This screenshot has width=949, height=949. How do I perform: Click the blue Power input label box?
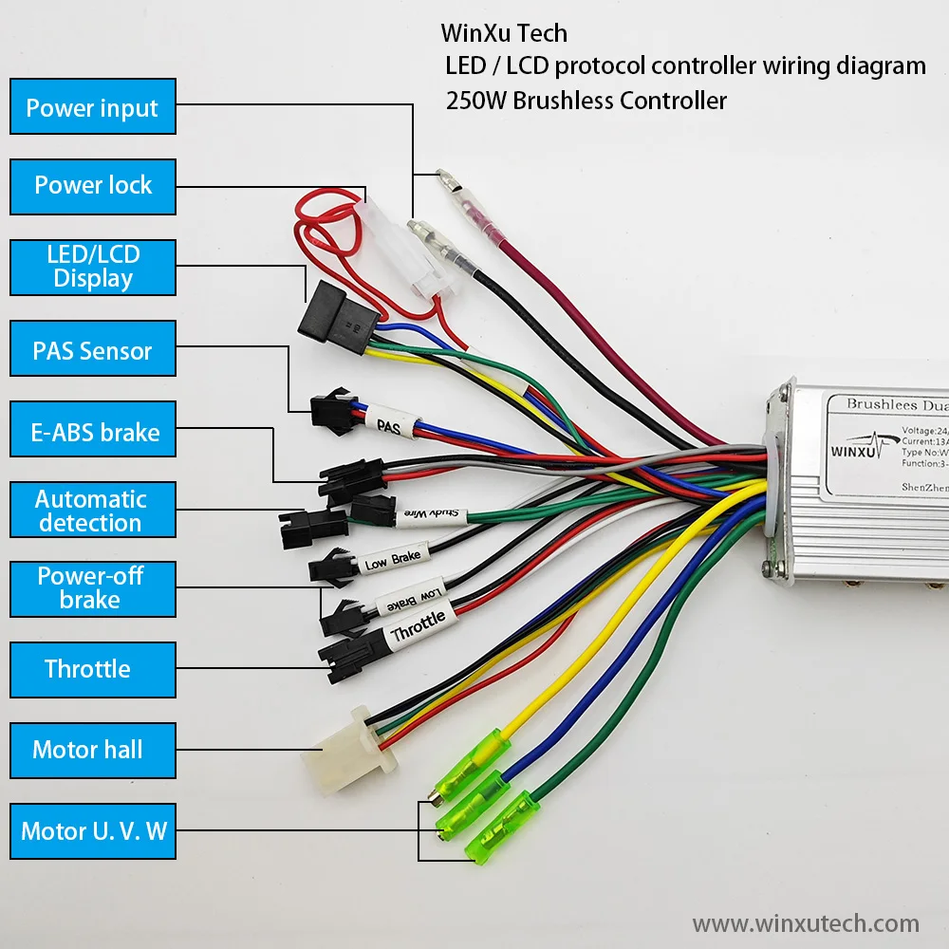93,107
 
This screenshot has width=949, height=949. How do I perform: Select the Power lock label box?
93,186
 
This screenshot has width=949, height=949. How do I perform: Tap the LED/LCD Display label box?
93,267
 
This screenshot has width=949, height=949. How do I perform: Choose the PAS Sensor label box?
93,350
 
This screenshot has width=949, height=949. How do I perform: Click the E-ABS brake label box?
93,432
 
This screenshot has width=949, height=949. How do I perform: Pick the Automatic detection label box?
93,511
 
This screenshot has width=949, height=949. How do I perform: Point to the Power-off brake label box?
93,587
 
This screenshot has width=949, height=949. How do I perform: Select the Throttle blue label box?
93,668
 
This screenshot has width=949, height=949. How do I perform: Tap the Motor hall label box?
93,750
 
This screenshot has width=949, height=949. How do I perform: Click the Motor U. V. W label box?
93,831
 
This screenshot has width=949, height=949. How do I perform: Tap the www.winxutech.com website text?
806,922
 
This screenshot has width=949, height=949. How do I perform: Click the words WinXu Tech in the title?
504,33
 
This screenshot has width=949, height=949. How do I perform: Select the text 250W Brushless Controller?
586,101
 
